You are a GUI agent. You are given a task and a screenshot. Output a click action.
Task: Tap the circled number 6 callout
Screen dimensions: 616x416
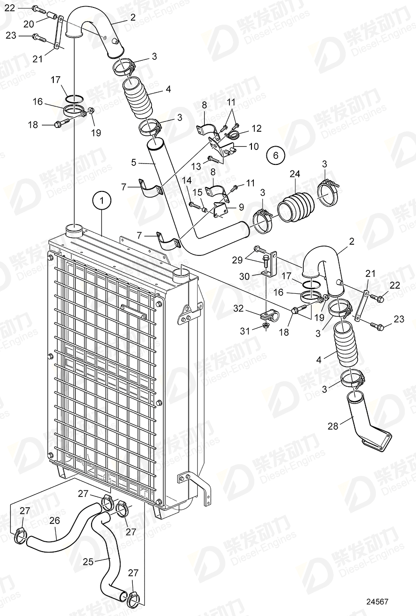click(x=275, y=155)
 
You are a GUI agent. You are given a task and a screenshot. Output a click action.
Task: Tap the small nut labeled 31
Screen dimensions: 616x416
click(x=265, y=325)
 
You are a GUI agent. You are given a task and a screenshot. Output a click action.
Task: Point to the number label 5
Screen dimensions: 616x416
click(x=134, y=163)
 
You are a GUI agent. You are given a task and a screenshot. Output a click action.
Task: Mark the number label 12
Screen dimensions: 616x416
click(x=257, y=128)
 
